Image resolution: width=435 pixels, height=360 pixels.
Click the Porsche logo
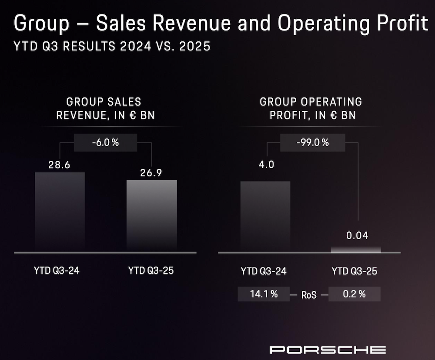(x=328, y=349)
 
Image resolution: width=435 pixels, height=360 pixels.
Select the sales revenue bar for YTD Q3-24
(x=60, y=212)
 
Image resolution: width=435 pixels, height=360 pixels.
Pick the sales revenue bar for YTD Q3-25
(x=151, y=215)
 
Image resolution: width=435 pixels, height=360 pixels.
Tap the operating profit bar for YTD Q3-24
(x=265, y=216)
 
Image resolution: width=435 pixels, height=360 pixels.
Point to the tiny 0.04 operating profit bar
(x=356, y=249)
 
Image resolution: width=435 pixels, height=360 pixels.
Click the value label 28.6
(x=60, y=165)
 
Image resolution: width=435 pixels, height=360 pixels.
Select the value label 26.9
(x=151, y=173)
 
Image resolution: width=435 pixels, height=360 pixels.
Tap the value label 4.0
(x=265, y=166)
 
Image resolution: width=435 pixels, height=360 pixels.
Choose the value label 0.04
(x=357, y=236)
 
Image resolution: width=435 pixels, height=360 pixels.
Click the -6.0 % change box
(x=106, y=142)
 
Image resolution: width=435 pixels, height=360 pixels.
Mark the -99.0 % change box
(x=312, y=142)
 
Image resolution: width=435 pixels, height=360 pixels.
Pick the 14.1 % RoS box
(x=264, y=294)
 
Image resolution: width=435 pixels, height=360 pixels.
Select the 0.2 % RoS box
(x=354, y=294)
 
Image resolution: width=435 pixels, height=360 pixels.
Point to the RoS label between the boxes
(x=309, y=295)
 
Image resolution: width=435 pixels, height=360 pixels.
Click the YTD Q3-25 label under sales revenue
(x=151, y=270)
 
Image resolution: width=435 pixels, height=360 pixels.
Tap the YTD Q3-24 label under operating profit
(x=264, y=271)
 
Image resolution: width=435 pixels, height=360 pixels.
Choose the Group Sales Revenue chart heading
(x=104, y=109)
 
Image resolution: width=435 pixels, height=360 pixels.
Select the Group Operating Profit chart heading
(x=311, y=109)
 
